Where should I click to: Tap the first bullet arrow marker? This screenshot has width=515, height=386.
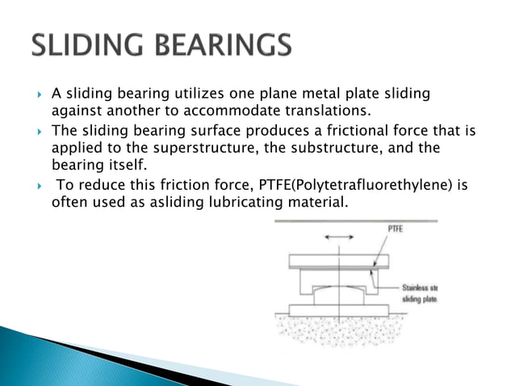39,95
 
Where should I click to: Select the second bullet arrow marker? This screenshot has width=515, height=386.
39,130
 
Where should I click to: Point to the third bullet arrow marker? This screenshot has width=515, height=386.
39,185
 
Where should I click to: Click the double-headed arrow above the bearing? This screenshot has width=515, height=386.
339,237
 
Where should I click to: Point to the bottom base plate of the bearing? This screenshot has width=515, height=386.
340,310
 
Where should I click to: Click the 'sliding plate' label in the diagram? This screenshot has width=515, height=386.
421,300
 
